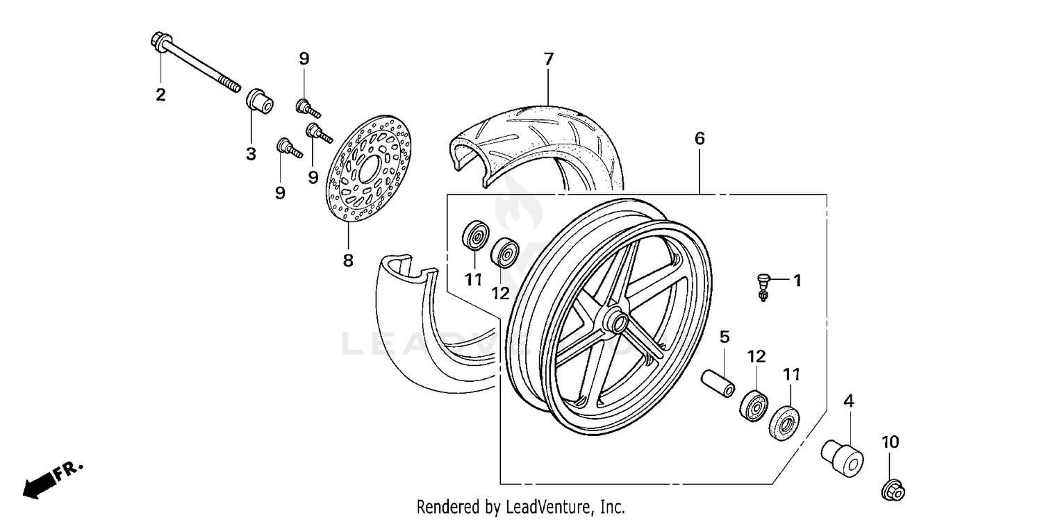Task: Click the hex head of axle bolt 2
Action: tap(156, 41)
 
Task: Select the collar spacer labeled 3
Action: tap(259, 99)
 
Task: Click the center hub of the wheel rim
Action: tap(616, 323)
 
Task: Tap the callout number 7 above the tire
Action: tap(548, 59)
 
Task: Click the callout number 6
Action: tap(699, 138)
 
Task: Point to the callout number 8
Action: tap(347, 260)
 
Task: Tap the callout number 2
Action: tap(160, 94)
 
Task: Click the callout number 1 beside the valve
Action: tap(797, 280)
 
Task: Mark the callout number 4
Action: tap(848, 401)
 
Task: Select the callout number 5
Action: tap(725, 337)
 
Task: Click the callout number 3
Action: tap(251, 154)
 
